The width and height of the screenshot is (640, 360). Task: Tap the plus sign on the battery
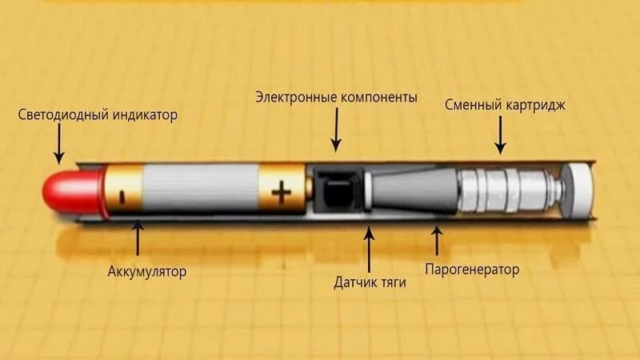282,193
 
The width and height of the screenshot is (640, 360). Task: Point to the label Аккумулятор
147,271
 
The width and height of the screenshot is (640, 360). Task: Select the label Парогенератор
470,270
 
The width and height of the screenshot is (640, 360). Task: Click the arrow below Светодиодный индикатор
58,144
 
